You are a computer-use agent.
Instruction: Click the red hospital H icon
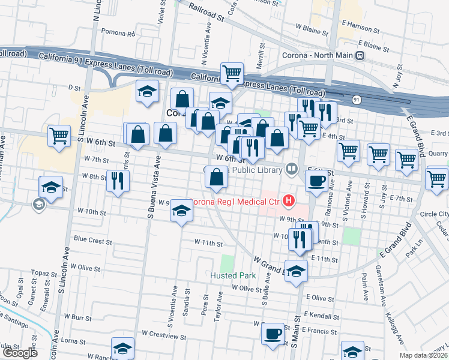(290, 200)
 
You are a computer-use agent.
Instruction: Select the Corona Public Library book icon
(292, 170)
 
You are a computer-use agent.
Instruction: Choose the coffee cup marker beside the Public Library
(317, 180)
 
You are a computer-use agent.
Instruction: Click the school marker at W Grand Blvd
(296, 271)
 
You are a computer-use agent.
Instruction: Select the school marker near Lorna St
(122, 349)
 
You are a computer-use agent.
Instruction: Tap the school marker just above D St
(146, 91)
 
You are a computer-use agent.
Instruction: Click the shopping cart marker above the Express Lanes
(232, 74)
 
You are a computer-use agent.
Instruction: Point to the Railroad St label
(205, 12)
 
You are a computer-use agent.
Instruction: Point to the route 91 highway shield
(357, 100)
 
